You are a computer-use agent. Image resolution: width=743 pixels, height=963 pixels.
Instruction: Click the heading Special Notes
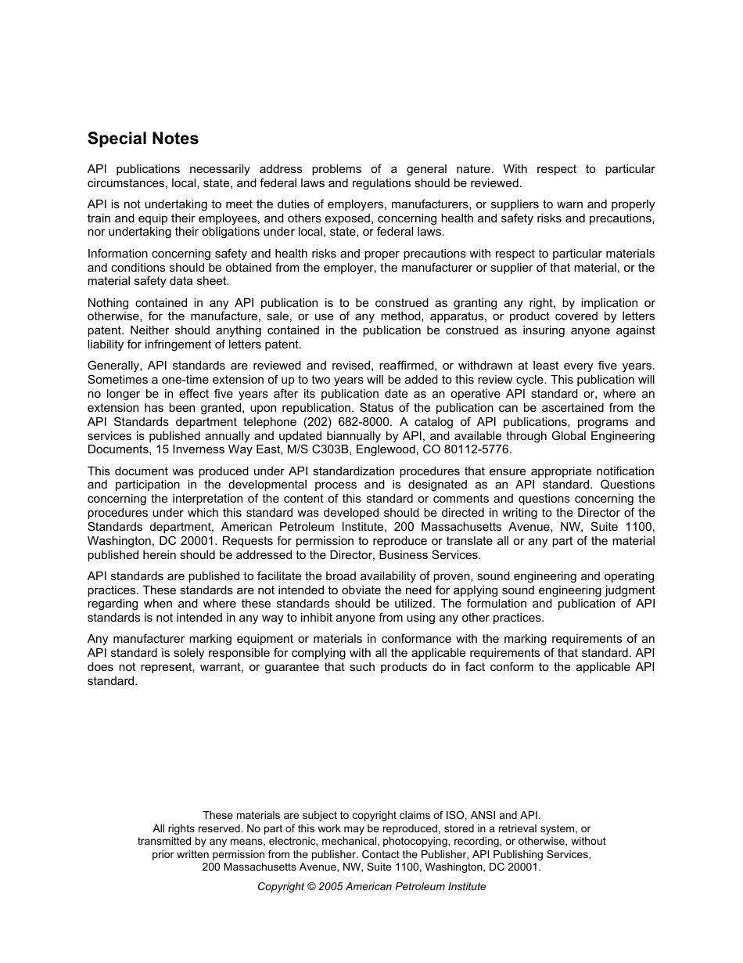click(143, 139)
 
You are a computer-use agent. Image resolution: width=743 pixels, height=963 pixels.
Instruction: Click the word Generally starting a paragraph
click(114, 366)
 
